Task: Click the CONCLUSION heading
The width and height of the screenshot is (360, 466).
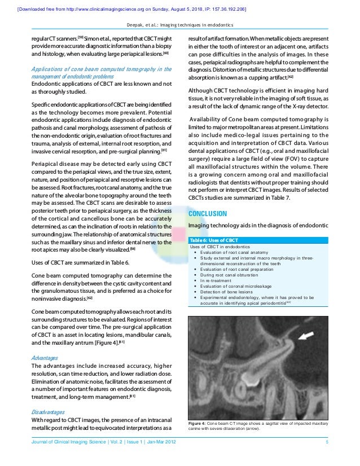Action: [x=207, y=214]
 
